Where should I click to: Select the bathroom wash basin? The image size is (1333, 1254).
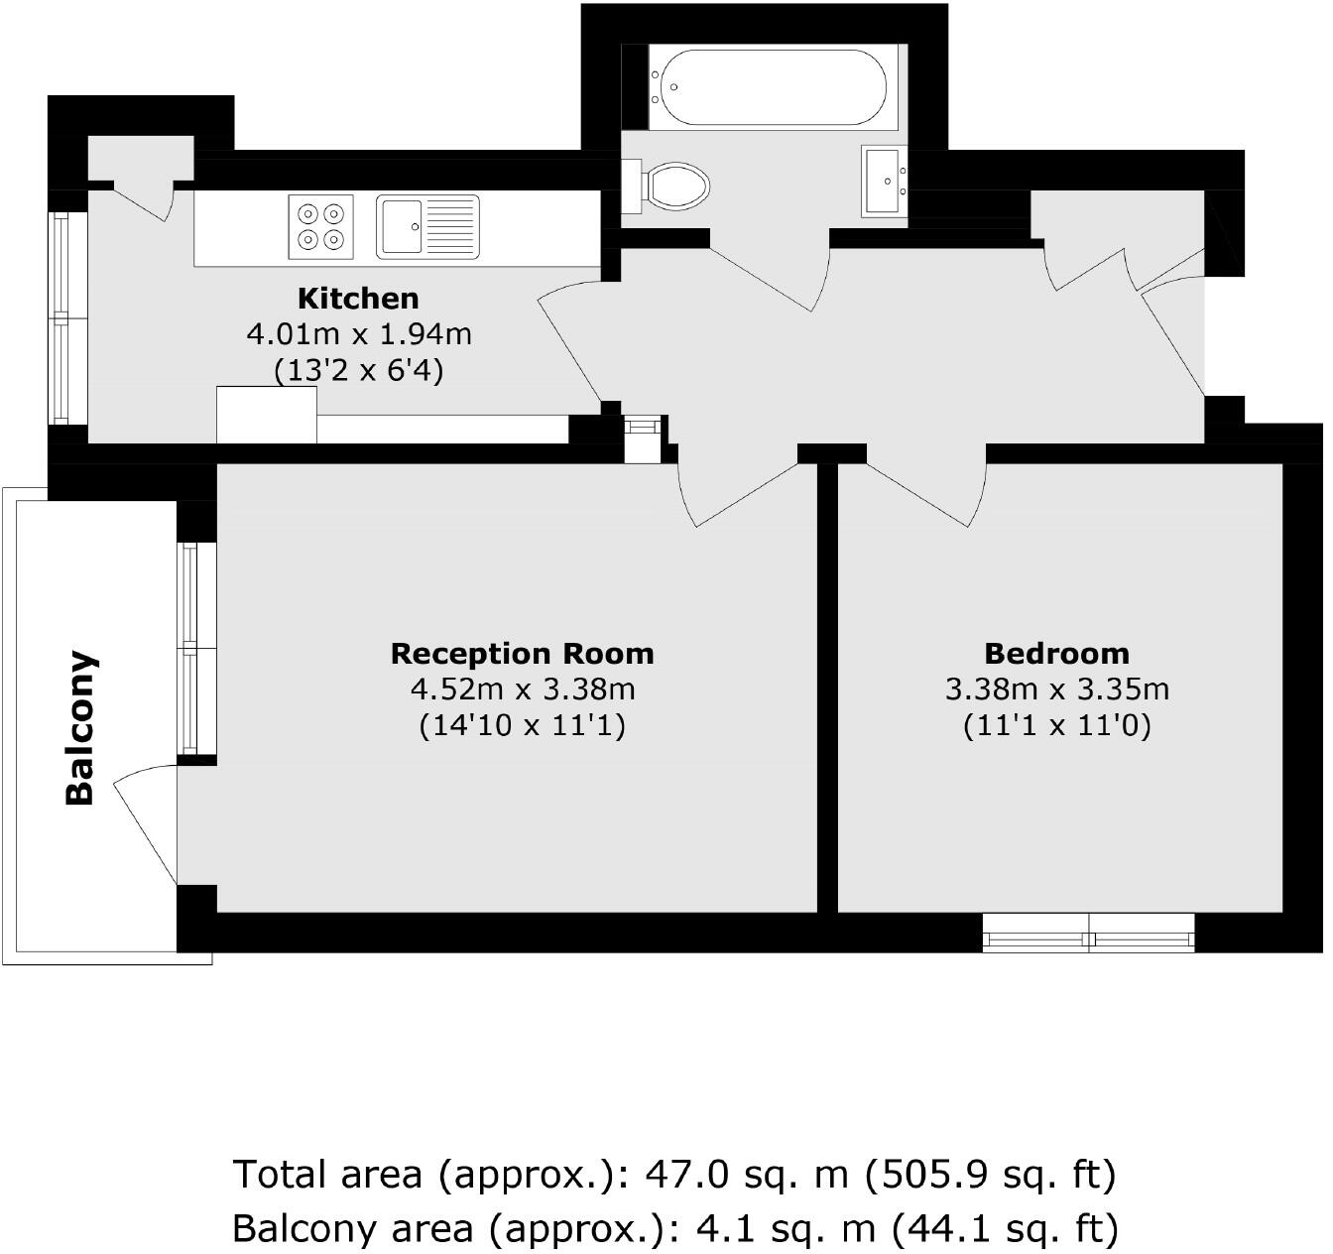[x=885, y=182]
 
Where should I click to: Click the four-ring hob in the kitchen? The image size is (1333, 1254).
[x=321, y=226]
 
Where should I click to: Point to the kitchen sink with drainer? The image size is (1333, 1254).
[x=427, y=226]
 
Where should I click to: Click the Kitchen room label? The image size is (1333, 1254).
[x=358, y=298]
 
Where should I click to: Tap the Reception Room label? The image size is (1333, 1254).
[x=522, y=654]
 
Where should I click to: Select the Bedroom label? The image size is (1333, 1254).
[x=1056, y=654]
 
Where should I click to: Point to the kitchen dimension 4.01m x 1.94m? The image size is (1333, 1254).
[x=358, y=334]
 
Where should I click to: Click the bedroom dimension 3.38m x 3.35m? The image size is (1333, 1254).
[x=1056, y=690]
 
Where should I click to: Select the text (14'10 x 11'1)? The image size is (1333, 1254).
[x=522, y=725]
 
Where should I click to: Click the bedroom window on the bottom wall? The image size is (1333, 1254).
[x=1088, y=933]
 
